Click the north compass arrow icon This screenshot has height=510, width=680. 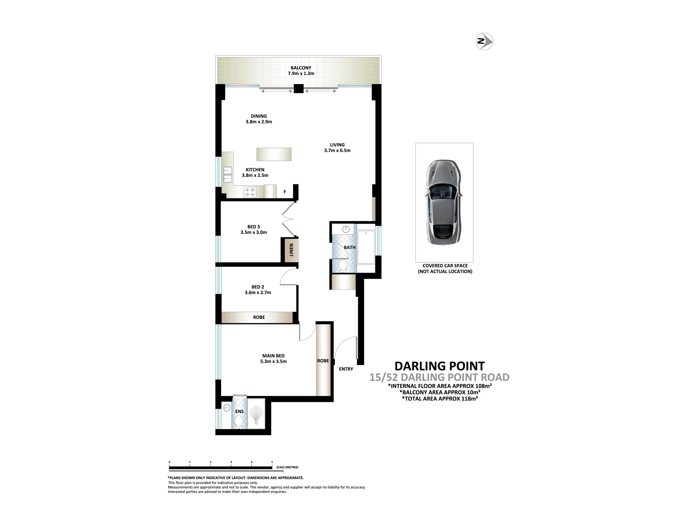[484, 41]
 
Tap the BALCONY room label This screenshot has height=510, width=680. [301, 68]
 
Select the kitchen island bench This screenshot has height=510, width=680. [274, 154]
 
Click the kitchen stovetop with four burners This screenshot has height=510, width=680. [250, 192]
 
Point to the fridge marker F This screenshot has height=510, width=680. [285, 192]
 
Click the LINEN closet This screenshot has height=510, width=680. [291, 250]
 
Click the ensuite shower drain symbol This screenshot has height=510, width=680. [256, 417]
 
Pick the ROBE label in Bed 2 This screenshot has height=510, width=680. [259, 317]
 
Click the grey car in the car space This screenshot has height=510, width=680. [444, 202]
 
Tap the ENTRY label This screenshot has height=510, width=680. [346, 369]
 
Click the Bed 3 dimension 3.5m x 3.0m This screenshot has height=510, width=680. [254, 233]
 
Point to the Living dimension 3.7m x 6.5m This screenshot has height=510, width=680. [337, 150]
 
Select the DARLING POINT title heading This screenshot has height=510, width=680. [440, 366]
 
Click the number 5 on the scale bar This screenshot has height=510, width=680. [272, 462]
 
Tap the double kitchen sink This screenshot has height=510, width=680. [227, 174]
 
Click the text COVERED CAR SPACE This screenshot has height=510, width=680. [445, 266]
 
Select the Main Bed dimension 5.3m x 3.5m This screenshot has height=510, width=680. [273, 361]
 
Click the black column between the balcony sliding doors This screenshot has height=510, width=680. [299, 88]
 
